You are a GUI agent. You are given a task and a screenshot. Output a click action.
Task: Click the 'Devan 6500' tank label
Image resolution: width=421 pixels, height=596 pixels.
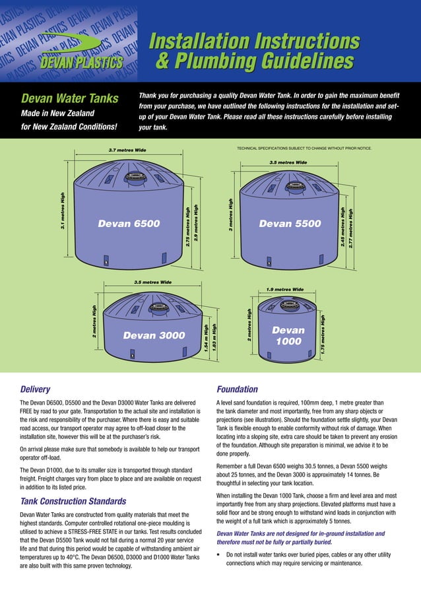tap(129, 224)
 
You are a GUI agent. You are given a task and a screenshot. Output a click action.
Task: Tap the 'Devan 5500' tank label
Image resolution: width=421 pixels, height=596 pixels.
tap(290, 224)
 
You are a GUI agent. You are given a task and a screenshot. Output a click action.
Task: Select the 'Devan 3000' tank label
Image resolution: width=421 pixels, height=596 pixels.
tap(154, 335)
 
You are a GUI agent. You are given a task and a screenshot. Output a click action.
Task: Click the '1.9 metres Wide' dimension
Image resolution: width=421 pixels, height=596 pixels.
tap(285, 289)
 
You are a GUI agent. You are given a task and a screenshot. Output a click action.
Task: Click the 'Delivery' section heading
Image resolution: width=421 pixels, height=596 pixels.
tap(35, 389)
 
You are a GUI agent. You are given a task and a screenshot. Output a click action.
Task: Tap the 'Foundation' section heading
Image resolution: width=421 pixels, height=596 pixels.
tap(237, 389)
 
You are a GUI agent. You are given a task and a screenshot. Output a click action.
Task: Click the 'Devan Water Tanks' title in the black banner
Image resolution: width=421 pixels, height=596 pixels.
tap(69, 99)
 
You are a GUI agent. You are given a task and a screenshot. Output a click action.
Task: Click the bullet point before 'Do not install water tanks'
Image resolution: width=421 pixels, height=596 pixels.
tap(219, 555)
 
